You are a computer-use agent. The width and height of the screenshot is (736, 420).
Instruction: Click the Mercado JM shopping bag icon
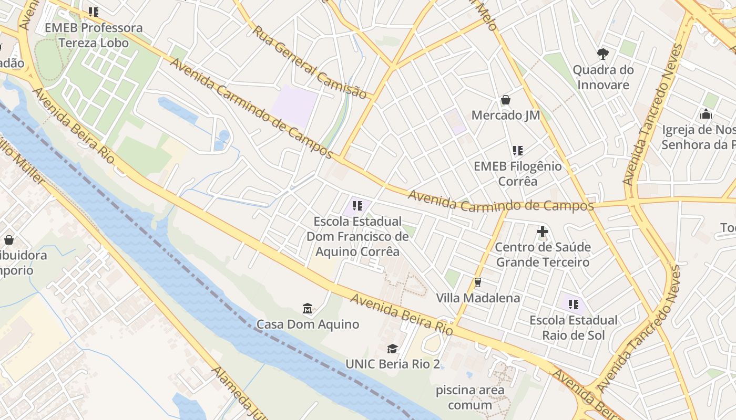coord(506,100)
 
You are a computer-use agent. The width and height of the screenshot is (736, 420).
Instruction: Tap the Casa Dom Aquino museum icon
coord(308,308)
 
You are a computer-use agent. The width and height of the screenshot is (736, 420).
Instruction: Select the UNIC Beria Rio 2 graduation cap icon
coord(392,349)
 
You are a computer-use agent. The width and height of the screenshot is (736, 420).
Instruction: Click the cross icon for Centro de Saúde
coord(543,231)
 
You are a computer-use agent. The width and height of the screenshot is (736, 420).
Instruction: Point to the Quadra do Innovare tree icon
coord(602,54)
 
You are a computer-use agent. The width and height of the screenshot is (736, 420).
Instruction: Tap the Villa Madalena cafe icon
coord(478,282)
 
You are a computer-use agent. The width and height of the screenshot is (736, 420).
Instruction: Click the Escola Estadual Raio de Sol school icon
coord(573,304)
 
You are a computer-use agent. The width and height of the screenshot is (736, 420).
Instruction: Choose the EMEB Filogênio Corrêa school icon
coord(518,151)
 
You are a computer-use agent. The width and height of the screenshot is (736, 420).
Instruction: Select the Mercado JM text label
coord(506,115)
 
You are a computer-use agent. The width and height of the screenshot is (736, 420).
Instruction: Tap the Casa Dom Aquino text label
coord(308,324)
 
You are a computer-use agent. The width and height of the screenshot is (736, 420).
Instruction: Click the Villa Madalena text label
coord(478,298)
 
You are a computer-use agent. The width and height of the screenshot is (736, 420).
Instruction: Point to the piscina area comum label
coord(470,397)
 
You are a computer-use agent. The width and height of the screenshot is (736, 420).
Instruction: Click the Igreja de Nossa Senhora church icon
coord(706,114)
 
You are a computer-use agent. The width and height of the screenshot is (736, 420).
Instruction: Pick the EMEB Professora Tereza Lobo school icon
coord(94,12)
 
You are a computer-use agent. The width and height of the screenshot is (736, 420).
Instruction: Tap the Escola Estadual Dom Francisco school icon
coord(357,206)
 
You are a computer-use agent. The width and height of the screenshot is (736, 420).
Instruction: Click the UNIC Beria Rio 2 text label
coord(392,364)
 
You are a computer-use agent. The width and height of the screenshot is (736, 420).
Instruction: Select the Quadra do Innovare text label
coord(602,77)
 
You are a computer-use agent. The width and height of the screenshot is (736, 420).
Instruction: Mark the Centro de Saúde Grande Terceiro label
coord(543,254)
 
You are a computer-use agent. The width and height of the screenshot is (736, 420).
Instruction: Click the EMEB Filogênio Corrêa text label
coord(518,174)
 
